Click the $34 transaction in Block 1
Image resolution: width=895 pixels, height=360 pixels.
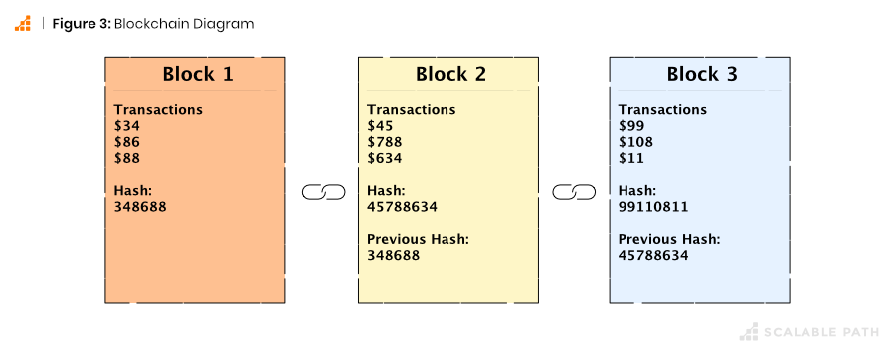coord(127,126)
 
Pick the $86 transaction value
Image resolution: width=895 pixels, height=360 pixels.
coord(127,142)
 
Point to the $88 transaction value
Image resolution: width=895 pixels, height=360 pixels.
coord(127,158)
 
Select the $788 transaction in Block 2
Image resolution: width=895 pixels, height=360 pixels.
coord(384,142)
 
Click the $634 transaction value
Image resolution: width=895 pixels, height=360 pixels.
coord(384,158)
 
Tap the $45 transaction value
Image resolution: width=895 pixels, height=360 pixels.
coord(380,126)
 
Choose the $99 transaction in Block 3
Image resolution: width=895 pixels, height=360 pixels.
coord(631,126)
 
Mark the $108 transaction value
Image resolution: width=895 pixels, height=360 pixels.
coord(635,142)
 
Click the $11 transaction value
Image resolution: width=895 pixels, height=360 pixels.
coord(630,158)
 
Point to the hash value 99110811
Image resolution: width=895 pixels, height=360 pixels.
coord(653,207)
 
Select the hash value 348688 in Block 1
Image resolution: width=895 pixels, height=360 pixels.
coord(140,207)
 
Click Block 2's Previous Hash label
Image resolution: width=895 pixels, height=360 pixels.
coord(418,239)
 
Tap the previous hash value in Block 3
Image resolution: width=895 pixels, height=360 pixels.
coord(653,256)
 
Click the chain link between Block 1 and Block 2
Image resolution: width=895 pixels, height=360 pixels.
coord(322,191)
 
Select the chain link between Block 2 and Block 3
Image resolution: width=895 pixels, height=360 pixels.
coord(574,191)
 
